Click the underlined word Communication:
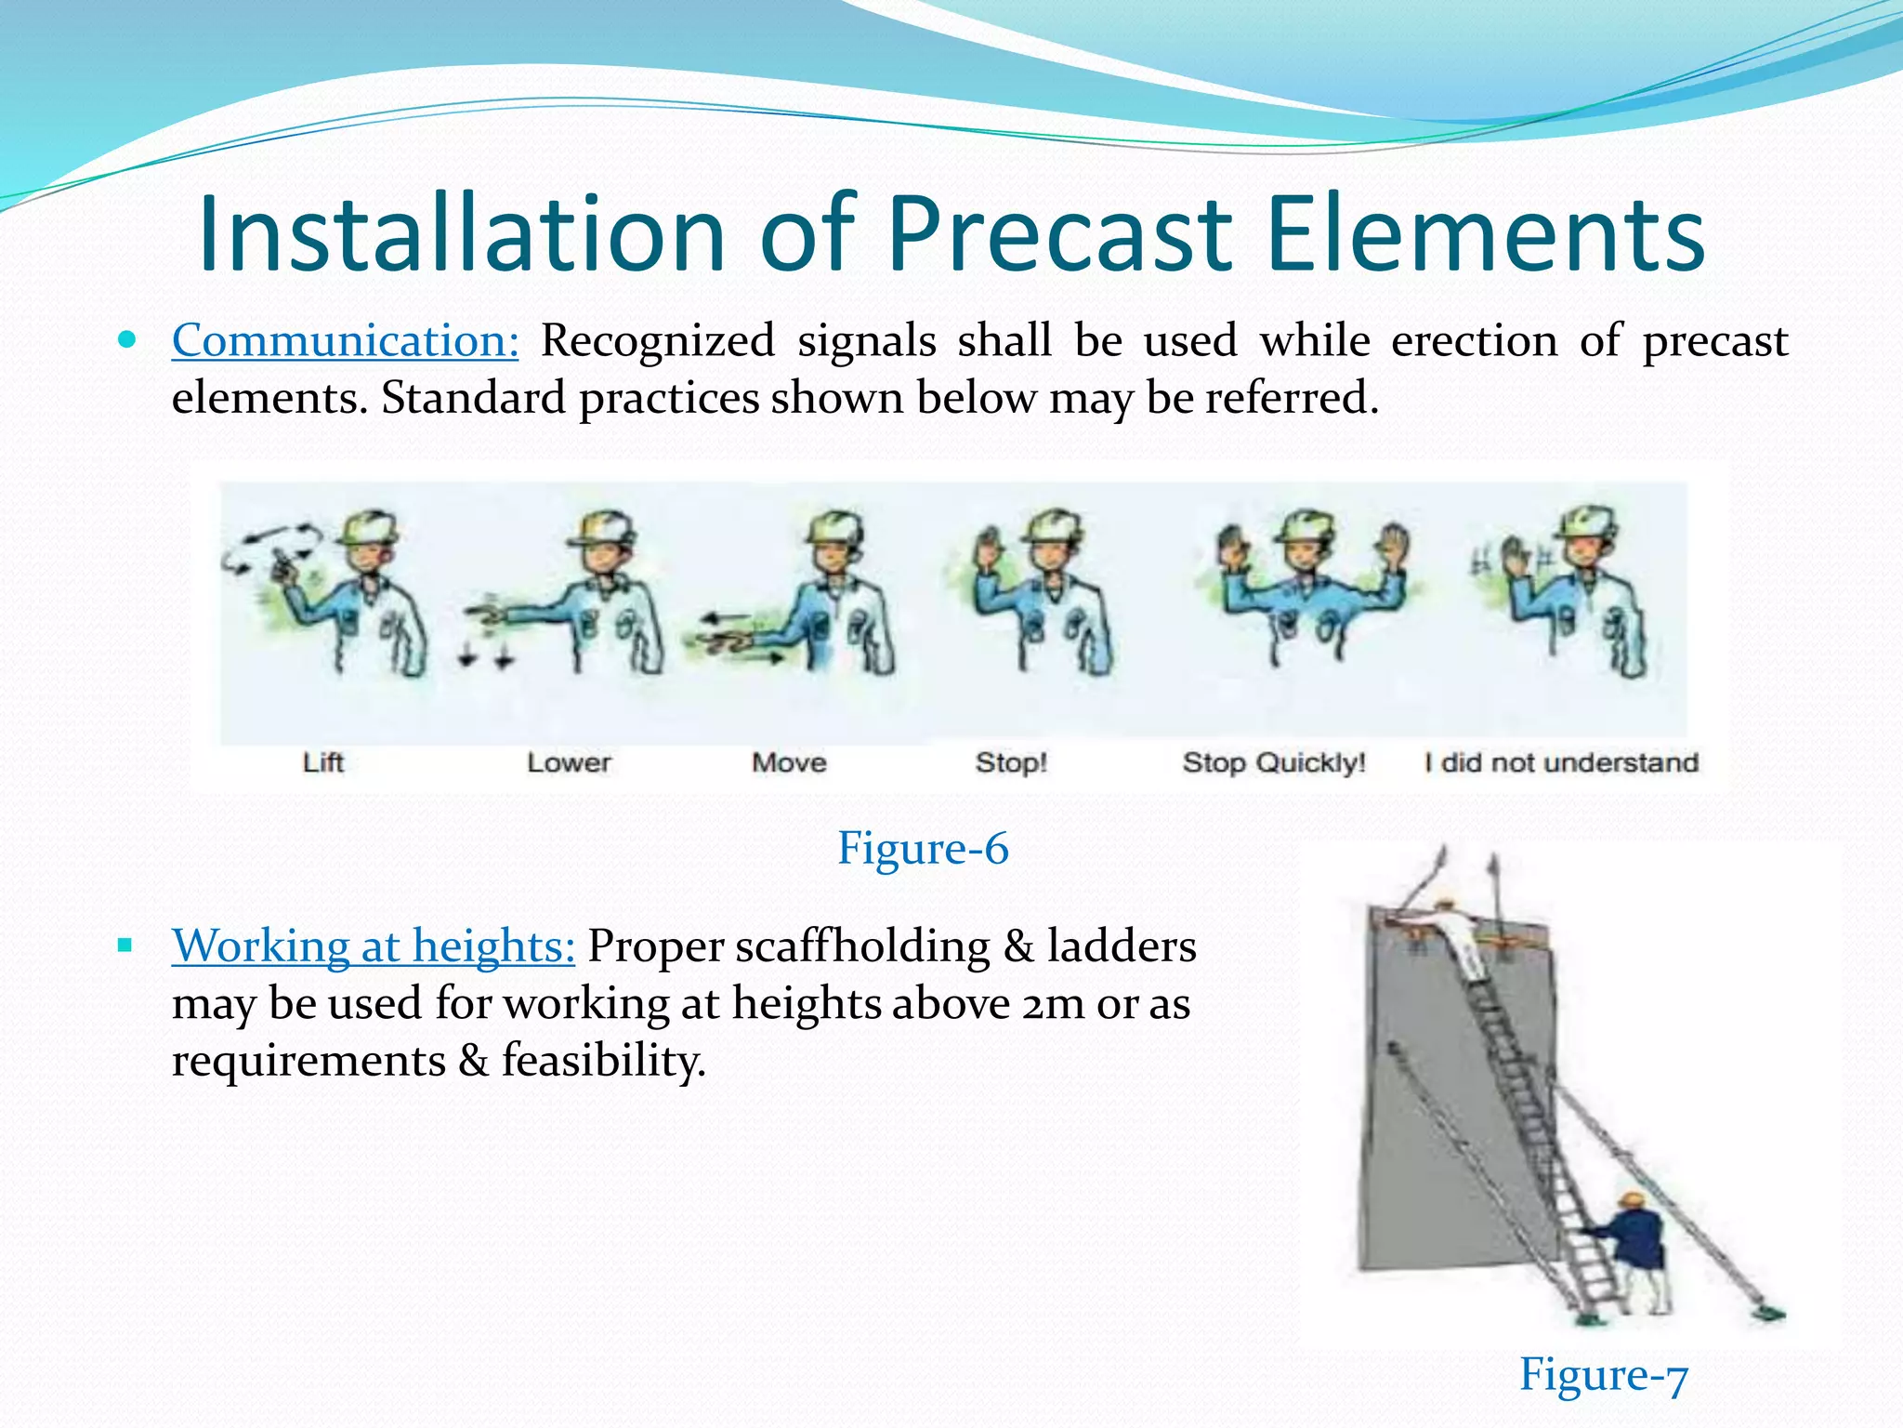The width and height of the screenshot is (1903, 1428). point(345,340)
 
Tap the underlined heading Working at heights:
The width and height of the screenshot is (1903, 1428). point(373,945)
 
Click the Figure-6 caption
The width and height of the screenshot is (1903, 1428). point(922,848)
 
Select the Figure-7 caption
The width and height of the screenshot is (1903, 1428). point(1603,1374)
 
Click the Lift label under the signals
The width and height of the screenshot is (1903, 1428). point(323,763)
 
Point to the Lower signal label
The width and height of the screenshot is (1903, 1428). point(569,763)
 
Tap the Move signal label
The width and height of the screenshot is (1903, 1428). point(789,763)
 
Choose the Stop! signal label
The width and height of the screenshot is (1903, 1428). point(1011,763)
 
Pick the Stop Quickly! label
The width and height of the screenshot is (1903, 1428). point(1274,763)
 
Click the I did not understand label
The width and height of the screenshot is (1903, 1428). point(1561,763)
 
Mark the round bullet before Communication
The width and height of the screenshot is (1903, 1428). point(128,339)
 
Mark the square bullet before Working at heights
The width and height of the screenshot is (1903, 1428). point(125,946)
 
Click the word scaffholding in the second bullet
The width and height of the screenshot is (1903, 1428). point(862,946)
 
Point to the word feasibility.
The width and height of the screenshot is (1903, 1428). point(604,1061)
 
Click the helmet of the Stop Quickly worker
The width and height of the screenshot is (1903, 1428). point(1306,527)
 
